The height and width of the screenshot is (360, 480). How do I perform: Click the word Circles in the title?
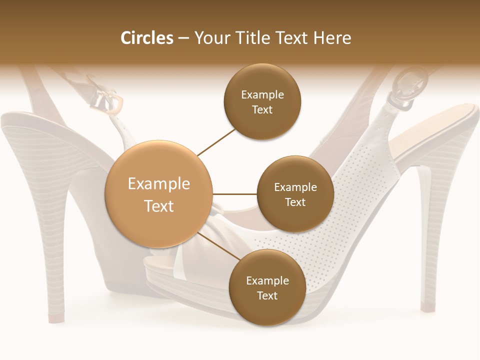pos(147,38)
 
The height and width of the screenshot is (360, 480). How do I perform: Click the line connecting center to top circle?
pos(216,141)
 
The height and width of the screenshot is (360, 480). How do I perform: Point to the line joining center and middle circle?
pos(235,194)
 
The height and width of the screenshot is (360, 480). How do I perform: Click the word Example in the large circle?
pos(159,184)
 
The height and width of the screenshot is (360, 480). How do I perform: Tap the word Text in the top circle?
pos(262,109)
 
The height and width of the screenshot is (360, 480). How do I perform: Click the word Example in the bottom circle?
pos(267,280)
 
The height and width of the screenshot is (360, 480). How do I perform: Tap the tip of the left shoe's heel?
pos(56,317)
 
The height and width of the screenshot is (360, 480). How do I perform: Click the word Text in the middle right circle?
pos(295,202)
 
